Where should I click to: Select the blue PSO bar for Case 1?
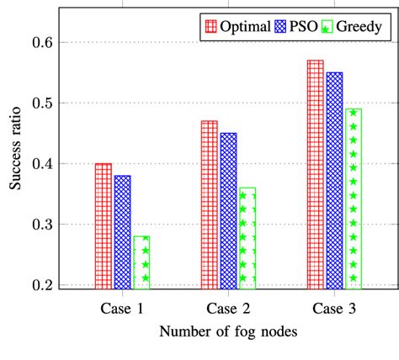(122, 230)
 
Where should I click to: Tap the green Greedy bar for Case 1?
(141, 261)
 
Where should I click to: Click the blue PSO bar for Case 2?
(228, 209)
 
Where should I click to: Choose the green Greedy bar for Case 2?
(247, 237)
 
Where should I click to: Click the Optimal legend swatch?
(210, 27)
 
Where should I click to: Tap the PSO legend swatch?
(278, 27)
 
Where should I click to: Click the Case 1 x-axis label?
(122, 306)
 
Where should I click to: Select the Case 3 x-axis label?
(334, 306)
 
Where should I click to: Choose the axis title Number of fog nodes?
(228, 333)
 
